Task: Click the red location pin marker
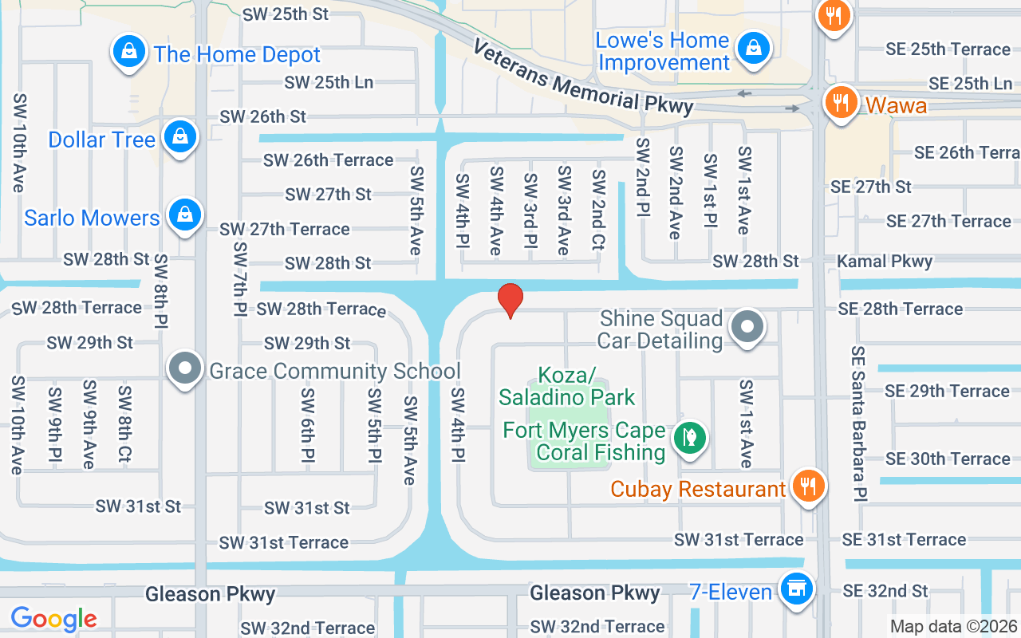point(510,301)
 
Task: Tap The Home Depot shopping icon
point(127,53)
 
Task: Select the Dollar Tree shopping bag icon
point(181,138)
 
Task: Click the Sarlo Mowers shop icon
point(185,216)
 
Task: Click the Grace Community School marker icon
point(186,370)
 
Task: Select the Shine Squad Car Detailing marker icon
point(747,328)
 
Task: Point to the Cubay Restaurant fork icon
point(808,486)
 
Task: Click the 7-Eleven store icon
point(794,590)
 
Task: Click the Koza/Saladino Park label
point(566,386)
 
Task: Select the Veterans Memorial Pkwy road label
point(582,77)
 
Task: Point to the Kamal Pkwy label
point(885,261)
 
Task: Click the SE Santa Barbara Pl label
point(858,423)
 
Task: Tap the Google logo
point(53,619)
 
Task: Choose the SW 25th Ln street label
point(329,82)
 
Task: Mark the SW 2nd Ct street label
point(598,210)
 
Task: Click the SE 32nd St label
point(885,591)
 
